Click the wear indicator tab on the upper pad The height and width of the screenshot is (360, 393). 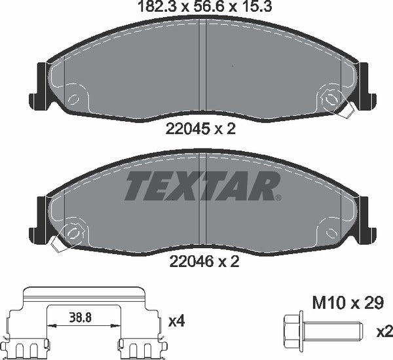point(350,109)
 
